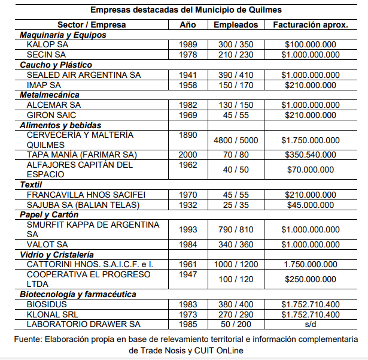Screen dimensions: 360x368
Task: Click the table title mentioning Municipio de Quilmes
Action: tap(186, 10)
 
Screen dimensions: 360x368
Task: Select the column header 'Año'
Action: tap(187, 25)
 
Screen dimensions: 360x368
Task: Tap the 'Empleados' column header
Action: tap(236, 25)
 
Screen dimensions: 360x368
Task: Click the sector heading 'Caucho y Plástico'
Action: tap(56, 65)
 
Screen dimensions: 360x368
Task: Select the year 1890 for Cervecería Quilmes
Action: tap(187, 135)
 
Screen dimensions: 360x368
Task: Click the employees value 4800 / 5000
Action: tap(236, 140)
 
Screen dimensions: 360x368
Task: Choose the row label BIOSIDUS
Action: tap(47, 304)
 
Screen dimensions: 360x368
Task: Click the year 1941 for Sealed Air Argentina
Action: tap(187, 75)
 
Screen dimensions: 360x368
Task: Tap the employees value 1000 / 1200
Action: tap(236, 265)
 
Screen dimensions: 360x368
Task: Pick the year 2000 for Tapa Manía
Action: tap(187, 155)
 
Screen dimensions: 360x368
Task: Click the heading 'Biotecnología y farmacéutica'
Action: tap(78, 294)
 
